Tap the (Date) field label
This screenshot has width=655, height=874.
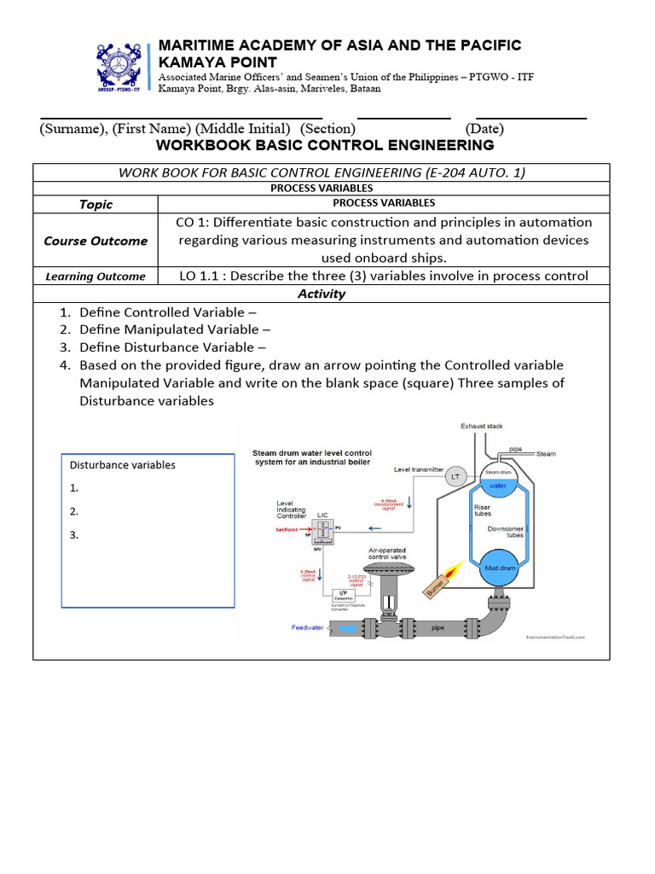coord(484,129)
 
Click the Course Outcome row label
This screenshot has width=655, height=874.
coord(96,241)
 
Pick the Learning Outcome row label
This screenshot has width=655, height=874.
coord(96,277)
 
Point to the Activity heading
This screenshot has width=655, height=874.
coord(322,294)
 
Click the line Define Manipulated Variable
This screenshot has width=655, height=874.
coord(175,329)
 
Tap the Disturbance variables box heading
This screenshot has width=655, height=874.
coord(122,465)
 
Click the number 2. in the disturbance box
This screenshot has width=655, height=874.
coord(74,511)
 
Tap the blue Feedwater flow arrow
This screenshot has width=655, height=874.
coord(349,627)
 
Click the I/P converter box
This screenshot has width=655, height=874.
coord(342,594)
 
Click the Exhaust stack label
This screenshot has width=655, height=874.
coord(482,425)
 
